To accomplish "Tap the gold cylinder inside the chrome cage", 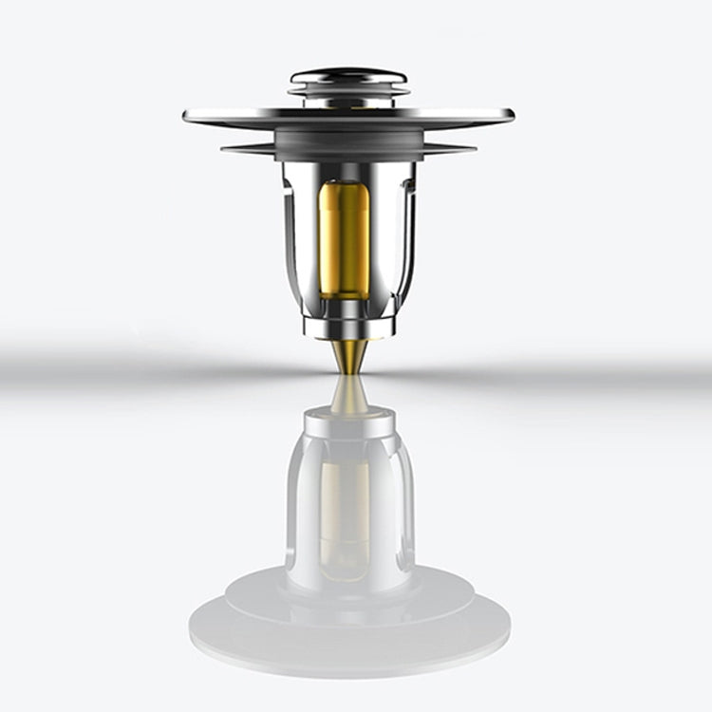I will tap(345, 237).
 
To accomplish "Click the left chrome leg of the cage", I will tap(296, 237).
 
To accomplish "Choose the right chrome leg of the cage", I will tap(403, 237).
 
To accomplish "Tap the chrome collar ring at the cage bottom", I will tap(348, 326).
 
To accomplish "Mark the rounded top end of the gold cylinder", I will tap(345, 187).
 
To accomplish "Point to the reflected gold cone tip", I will tap(349, 395).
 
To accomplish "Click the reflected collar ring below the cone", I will tap(349, 423).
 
